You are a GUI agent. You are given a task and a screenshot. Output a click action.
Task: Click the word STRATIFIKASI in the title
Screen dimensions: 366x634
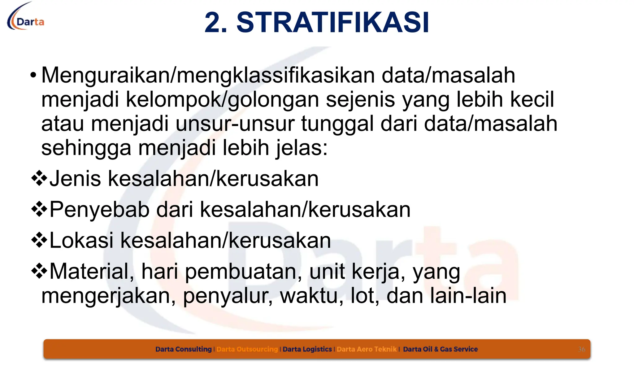[332, 23]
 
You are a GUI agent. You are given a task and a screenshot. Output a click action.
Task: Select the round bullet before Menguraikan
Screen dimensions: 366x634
[33, 75]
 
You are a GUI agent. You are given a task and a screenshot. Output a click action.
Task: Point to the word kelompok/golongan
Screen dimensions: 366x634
[222, 100]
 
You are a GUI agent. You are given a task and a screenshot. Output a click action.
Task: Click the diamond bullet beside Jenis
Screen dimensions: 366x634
[39, 179]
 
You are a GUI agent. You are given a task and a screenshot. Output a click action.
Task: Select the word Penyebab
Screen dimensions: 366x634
[99, 210]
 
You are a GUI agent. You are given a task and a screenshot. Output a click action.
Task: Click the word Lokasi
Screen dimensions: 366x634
[81, 241]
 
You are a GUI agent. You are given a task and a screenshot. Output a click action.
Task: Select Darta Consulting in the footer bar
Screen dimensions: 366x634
[183, 349]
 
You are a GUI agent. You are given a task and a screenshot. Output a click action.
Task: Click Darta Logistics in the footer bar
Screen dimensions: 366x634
[307, 349]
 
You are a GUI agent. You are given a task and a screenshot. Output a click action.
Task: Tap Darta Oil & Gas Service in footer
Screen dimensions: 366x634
[440, 349]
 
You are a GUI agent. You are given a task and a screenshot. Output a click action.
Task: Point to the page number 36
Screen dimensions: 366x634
[582, 350]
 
